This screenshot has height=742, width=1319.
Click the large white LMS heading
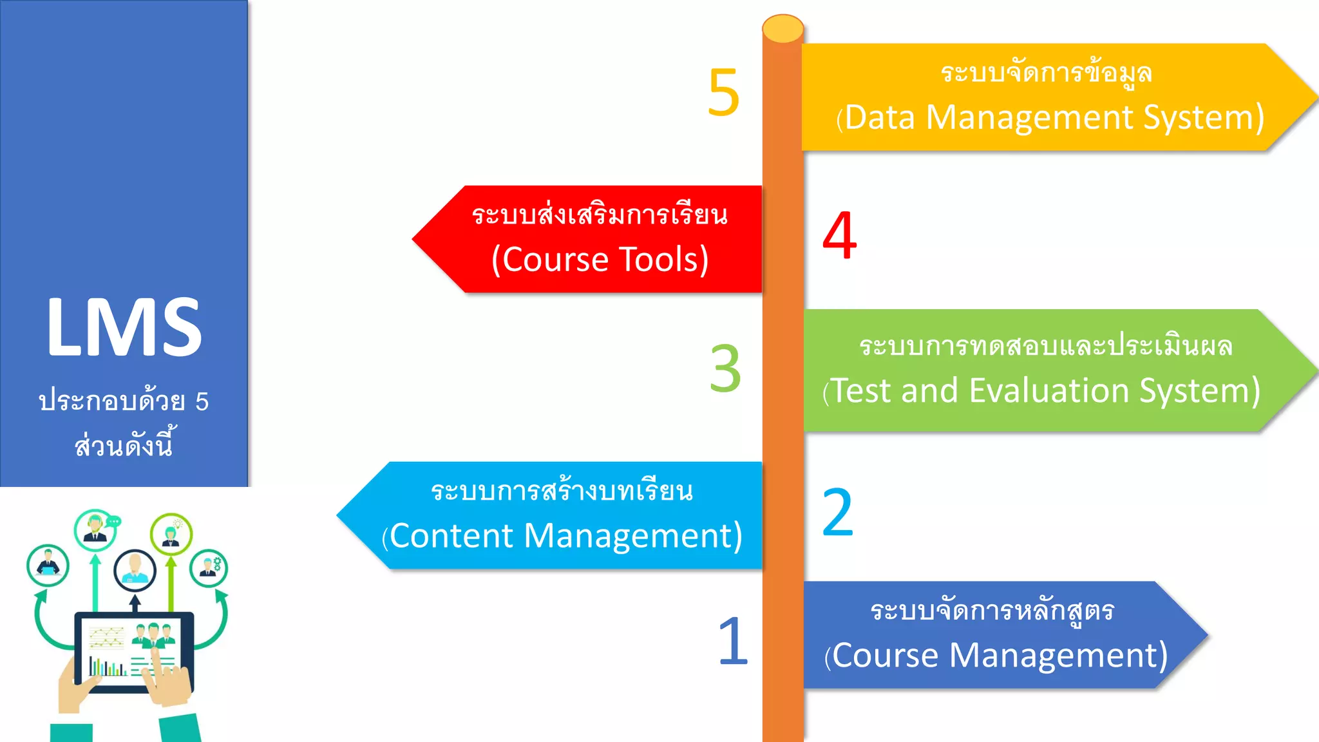pyautogui.click(x=124, y=327)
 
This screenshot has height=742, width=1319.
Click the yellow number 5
pyautogui.click(x=723, y=93)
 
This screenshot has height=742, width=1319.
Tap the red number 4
pyautogui.click(x=839, y=236)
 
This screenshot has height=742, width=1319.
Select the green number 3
pyautogui.click(x=725, y=368)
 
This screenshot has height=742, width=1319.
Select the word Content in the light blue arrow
pyautogui.click(x=451, y=536)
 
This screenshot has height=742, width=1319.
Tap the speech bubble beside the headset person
pyautogui.click(x=114, y=521)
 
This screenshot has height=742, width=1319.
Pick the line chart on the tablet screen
pyautogui.click(x=106, y=638)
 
